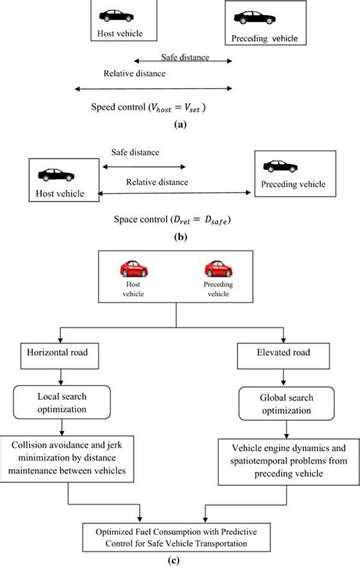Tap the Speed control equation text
point(148,107)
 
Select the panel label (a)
point(179,123)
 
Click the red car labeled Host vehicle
point(134,269)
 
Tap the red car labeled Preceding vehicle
point(219,269)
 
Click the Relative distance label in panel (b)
point(156,182)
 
